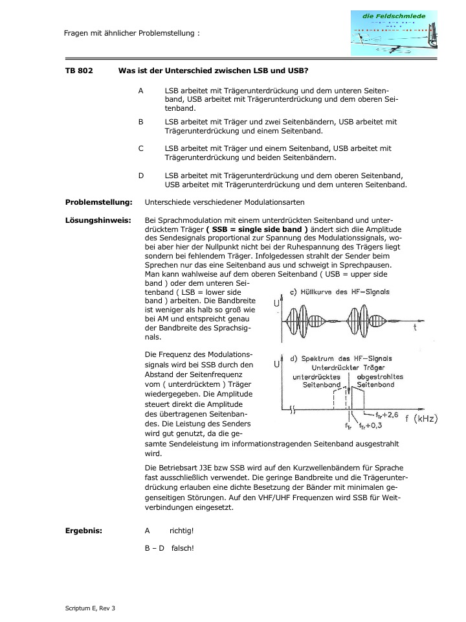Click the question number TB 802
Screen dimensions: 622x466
(x=79, y=70)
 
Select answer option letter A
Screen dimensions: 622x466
(x=141, y=91)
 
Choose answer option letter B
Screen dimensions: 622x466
(x=141, y=121)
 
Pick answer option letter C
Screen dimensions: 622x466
(x=141, y=148)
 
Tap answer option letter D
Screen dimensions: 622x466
(x=141, y=175)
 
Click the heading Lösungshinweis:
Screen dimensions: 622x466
(x=98, y=220)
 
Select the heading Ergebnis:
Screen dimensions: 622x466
(x=84, y=531)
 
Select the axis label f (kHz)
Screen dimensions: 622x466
(x=417, y=419)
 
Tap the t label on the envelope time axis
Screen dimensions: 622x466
(x=414, y=328)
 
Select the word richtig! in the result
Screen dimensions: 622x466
(x=182, y=531)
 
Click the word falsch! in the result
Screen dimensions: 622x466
(x=183, y=547)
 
